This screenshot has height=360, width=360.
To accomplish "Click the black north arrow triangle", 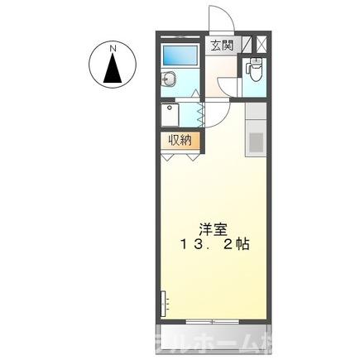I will click(111, 70).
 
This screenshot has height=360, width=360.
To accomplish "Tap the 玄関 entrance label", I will click(220, 46).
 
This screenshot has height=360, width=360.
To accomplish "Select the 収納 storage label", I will click(181, 140).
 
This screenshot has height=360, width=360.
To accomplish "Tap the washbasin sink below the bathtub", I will click(169, 80).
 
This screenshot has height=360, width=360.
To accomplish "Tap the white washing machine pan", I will click(176, 113).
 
